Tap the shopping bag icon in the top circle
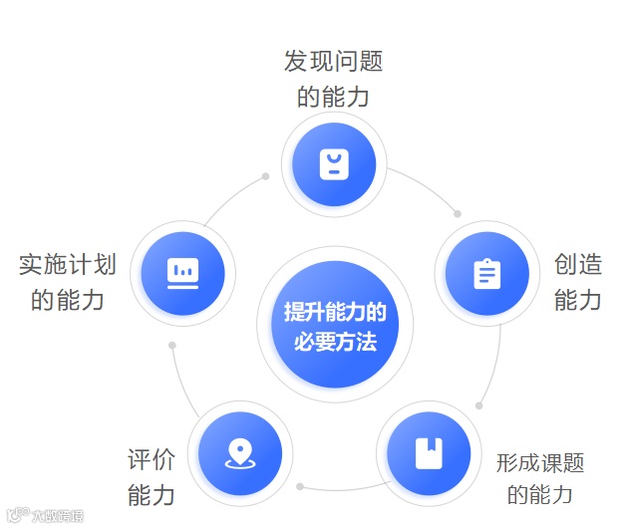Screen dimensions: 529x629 point(334,162)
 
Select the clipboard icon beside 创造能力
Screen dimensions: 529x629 point(487,272)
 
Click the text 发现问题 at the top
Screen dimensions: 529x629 point(333,62)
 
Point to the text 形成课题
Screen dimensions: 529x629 point(540,462)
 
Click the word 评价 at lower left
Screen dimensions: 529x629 point(152,459)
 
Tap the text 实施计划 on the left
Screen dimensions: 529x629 point(68,264)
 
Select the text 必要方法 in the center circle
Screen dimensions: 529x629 point(335,342)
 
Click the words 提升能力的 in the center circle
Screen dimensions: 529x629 point(335,311)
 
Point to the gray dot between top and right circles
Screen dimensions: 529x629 point(458,212)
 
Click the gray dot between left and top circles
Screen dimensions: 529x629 point(265,176)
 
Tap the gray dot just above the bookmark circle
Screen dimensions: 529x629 point(479,404)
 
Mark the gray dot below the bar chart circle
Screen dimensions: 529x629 point(172,345)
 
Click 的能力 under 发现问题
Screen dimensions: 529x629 point(333,97)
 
